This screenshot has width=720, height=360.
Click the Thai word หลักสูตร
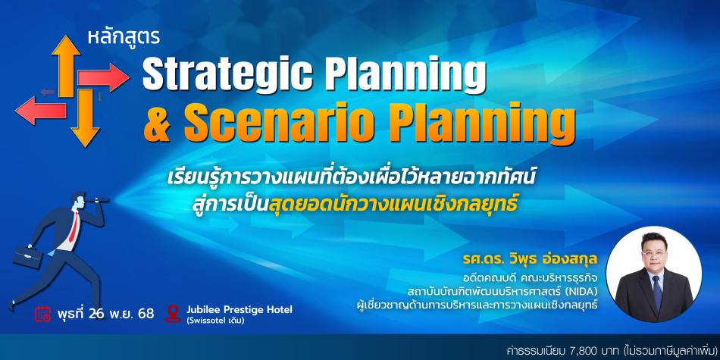click(124, 37)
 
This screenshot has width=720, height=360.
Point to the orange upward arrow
click(66, 66)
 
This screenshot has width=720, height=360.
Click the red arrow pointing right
click(103, 78)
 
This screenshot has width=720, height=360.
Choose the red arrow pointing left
click(41, 111)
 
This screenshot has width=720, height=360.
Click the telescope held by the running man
click(99, 199)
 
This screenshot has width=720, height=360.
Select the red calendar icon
click(43, 314)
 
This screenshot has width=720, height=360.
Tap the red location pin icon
click(173, 313)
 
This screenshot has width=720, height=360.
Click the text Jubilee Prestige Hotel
click(239, 309)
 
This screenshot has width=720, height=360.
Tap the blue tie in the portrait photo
click(657, 294)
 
